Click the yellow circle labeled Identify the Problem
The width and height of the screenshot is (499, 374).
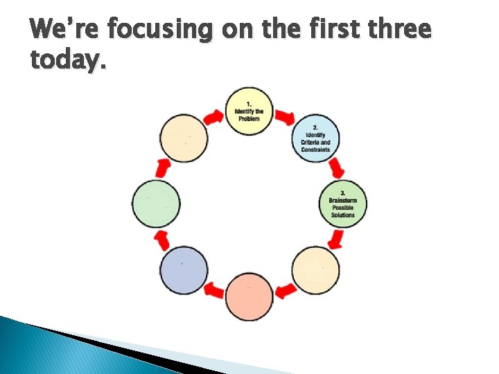point(249,112)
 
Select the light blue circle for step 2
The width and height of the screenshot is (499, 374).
point(315,138)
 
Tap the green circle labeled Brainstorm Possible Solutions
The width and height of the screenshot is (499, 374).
point(342,204)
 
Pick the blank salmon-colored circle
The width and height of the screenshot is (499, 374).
point(249,296)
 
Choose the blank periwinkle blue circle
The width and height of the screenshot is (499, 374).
point(184,269)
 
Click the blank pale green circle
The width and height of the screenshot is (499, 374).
point(156,204)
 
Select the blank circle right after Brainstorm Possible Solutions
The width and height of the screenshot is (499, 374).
point(315,269)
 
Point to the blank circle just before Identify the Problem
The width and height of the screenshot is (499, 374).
point(184,138)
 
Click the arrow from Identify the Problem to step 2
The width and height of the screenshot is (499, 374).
point(284,116)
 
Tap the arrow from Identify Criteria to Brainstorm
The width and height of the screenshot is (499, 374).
point(338,168)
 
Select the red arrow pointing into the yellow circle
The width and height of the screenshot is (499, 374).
point(214,116)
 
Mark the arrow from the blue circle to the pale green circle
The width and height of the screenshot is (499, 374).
point(162,240)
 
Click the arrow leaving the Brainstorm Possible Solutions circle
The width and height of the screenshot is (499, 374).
point(337,240)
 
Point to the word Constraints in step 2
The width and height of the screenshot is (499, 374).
point(315,150)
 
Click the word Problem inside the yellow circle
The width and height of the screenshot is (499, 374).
point(249,119)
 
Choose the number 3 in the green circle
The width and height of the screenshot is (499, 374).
point(342,192)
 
